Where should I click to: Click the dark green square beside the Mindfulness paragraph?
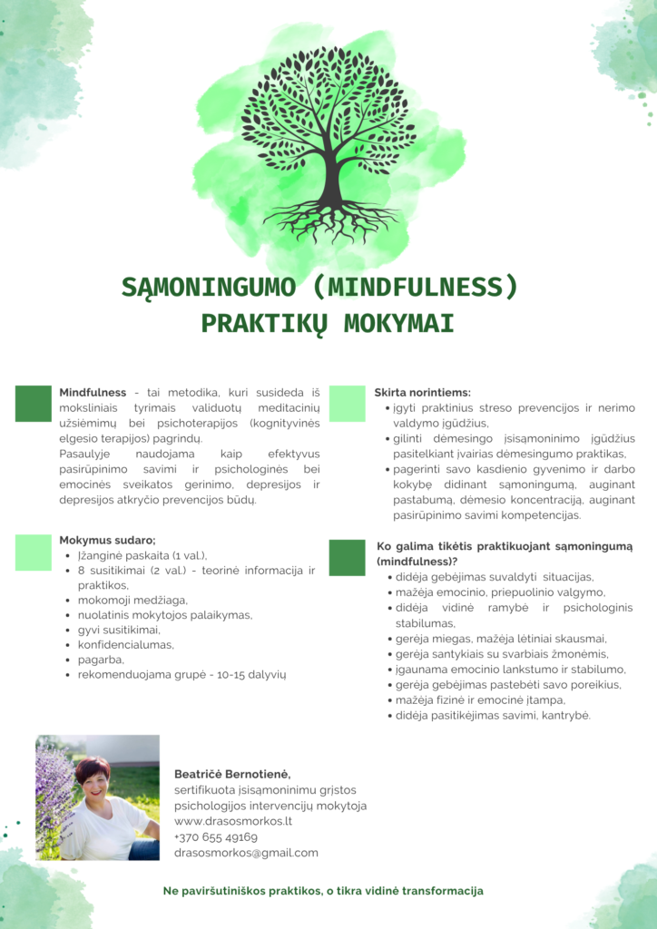coord(34,404)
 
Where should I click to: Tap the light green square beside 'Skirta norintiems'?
coord(347,404)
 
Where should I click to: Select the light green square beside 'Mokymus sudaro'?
coord(34,552)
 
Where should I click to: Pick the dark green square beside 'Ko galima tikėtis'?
coord(347,558)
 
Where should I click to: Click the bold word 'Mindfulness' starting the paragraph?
coord(93,393)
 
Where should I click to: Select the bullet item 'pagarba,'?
coord(101,660)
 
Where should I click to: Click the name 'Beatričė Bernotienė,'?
coord(232,774)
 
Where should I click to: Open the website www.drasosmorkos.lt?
coord(233,821)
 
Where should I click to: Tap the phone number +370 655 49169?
coord(216,837)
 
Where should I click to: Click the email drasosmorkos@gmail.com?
coord(246,853)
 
